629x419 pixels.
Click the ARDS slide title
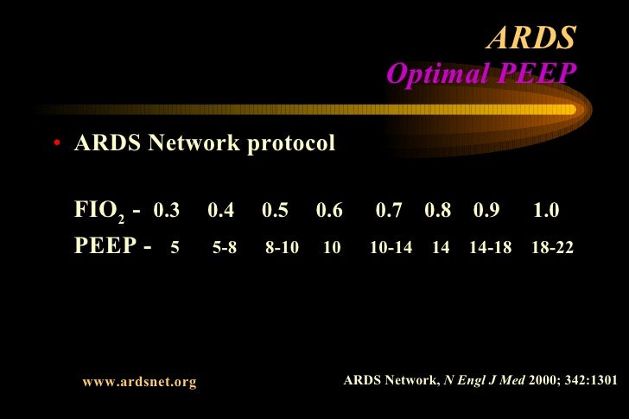[531, 37]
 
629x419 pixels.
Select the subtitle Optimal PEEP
[480, 74]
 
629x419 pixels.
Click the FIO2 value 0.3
[166, 211]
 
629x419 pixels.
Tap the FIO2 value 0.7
[390, 211]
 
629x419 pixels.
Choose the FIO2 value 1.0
[547, 211]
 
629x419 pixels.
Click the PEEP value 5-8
[225, 248]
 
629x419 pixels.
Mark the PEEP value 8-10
[283, 248]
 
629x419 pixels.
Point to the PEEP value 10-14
[391, 248]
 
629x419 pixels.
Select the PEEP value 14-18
[490, 248]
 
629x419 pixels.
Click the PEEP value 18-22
[553, 248]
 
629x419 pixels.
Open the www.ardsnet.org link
[139, 381]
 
